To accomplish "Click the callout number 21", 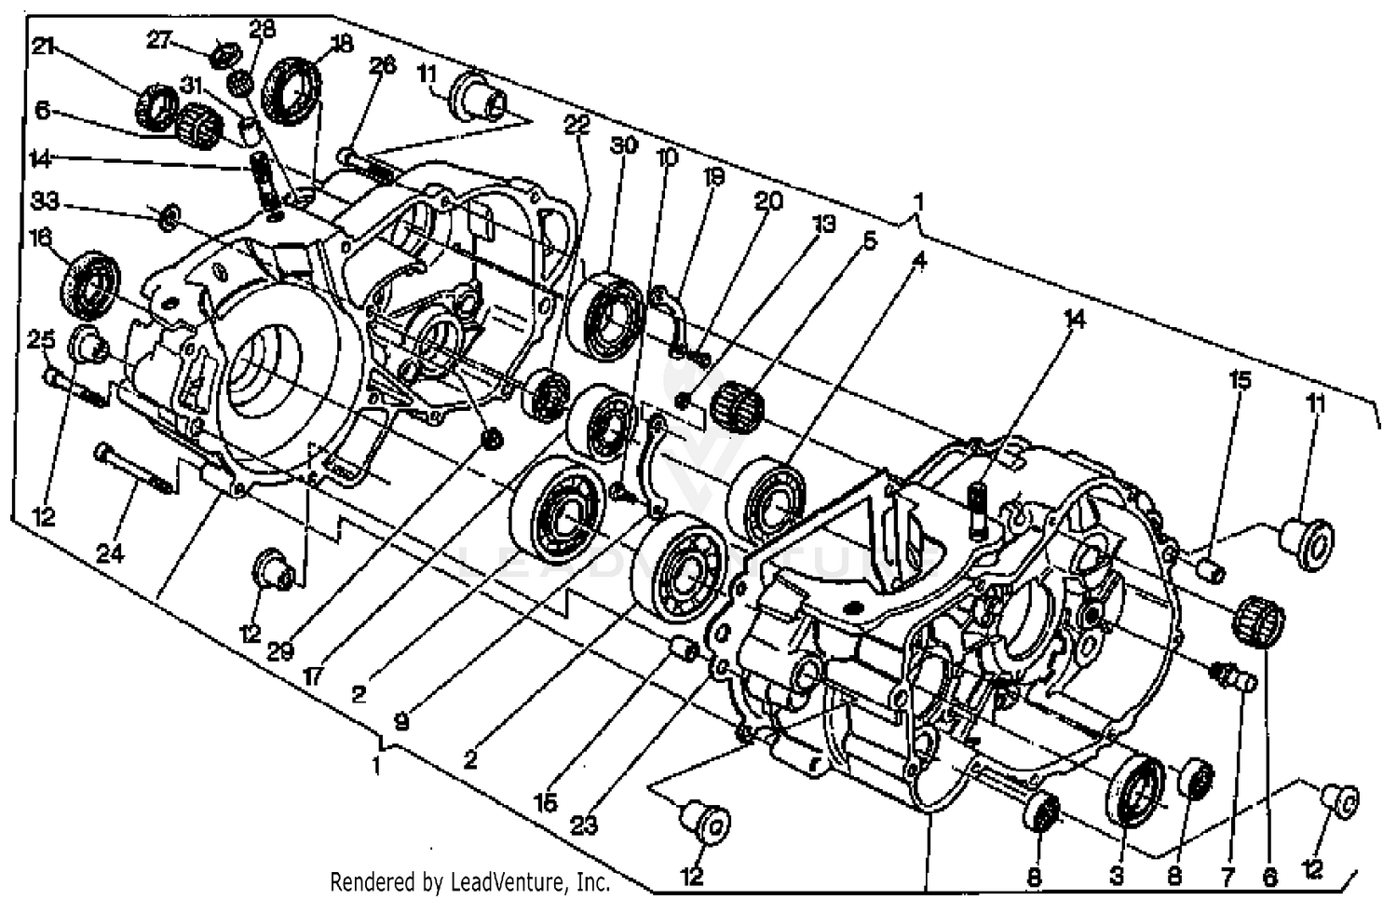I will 44,47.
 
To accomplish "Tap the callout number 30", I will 623,145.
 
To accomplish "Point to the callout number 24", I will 110,553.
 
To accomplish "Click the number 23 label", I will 584,824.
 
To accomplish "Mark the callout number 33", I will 45,201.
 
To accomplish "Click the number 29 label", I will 280,650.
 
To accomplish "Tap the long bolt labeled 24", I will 135,470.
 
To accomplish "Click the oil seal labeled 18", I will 292,89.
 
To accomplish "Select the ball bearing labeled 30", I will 606,311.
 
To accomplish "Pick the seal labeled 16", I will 91,282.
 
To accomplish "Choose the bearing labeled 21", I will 157,106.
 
